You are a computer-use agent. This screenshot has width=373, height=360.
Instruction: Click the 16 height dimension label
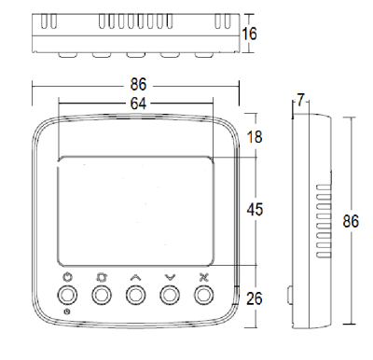pos(249,34)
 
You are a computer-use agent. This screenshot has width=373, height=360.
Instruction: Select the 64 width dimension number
pos(138,104)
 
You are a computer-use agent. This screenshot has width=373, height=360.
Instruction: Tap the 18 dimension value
pos(255,137)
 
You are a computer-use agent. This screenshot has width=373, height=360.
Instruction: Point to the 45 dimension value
pos(255,209)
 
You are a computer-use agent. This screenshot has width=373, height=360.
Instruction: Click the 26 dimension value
pos(255,298)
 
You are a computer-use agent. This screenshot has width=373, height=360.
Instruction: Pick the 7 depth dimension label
pos(299,100)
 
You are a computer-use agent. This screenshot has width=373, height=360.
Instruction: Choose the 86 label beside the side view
pos(351,221)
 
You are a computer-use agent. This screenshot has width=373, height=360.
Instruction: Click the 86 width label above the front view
pos(138,85)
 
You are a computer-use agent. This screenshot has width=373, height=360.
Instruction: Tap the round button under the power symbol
pos(67,295)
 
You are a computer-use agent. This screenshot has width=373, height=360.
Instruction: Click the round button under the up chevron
pos(135,295)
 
